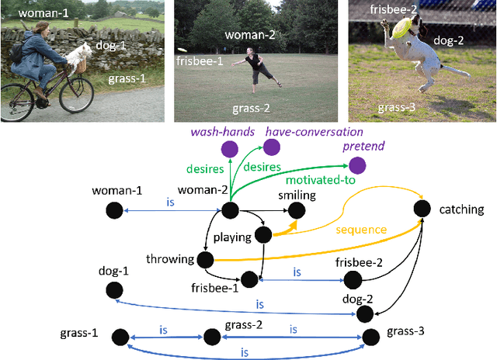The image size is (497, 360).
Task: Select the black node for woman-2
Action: (x=229, y=210)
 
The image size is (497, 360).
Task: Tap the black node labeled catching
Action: (x=422, y=208)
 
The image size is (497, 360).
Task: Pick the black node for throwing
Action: (x=205, y=260)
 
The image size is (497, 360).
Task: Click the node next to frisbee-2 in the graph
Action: (x=353, y=279)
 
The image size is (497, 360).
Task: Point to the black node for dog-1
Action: (x=114, y=290)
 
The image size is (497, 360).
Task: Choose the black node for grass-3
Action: (x=370, y=336)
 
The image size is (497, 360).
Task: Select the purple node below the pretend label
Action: (x=357, y=165)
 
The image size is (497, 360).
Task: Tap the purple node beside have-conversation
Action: (x=272, y=147)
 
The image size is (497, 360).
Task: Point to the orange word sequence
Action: (x=361, y=230)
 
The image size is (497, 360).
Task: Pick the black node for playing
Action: (x=262, y=234)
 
